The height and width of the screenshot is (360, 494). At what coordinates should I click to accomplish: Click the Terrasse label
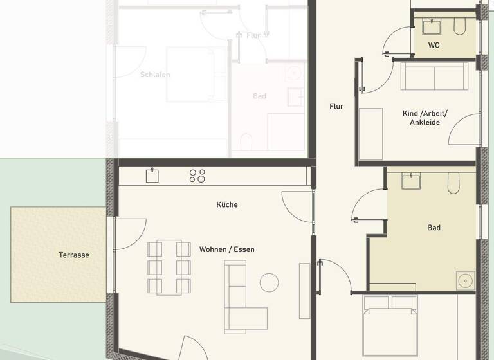point(74,255)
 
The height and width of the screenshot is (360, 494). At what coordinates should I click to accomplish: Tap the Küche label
point(227,205)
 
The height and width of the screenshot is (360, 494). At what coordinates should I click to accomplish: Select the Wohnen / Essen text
point(226,249)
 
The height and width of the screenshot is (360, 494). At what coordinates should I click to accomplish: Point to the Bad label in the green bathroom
point(434,228)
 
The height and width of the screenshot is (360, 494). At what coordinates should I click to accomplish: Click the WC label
point(434,46)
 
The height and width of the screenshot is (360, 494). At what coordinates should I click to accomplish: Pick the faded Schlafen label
point(155,75)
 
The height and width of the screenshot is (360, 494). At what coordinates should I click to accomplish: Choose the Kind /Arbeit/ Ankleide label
point(425,118)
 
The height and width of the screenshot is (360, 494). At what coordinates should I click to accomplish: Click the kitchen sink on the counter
point(152,175)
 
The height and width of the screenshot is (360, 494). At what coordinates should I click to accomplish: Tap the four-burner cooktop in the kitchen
point(197,175)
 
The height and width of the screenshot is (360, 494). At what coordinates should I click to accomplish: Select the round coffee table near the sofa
point(269,282)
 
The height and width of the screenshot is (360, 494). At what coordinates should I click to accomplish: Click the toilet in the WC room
point(459,26)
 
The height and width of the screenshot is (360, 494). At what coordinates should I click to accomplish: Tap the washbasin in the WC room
point(431,26)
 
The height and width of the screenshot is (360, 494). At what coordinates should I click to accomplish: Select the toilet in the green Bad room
point(453,183)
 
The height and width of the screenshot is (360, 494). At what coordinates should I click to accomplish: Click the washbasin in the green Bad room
point(412,180)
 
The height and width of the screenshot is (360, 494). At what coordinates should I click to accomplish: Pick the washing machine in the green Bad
point(466,281)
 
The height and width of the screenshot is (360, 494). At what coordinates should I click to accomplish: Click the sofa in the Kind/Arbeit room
point(434,76)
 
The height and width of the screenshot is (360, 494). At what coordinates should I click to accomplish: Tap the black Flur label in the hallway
point(336,107)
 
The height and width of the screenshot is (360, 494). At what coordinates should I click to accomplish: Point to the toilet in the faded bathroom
point(246,141)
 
